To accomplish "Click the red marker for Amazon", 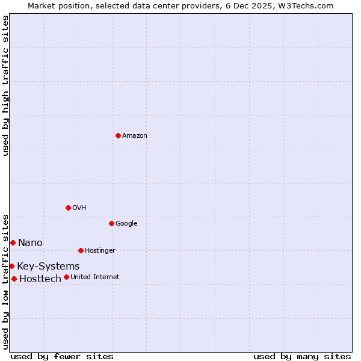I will pyautogui.click(x=118, y=135).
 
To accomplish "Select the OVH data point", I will pyautogui.click(x=68, y=208).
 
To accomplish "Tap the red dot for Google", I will pyautogui.click(x=111, y=223).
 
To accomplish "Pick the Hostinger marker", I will pyautogui.click(x=81, y=250).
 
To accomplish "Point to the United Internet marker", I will pyautogui.click(x=66, y=277).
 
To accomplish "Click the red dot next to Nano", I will pyautogui.click(x=13, y=242).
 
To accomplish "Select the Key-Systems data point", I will pyautogui.click(x=11, y=266).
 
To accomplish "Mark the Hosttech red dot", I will pyautogui.click(x=14, y=279).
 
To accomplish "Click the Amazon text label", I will pyautogui.click(x=135, y=136).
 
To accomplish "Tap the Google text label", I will pyautogui.click(x=126, y=224).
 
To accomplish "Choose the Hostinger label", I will pyautogui.click(x=100, y=251).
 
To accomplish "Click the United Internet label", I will pyautogui.click(x=95, y=277).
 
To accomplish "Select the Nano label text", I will pyautogui.click(x=30, y=243).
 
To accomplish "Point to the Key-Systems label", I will pyautogui.click(x=48, y=267).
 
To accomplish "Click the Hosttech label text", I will pyautogui.click(x=40, y=279).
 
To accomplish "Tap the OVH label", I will pyautogui.click(x=79, y=208).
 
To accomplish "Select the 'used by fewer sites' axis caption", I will pyautogui.click(x=62, y=356).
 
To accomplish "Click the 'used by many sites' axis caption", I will pyautogui.click(x=302, y=356).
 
